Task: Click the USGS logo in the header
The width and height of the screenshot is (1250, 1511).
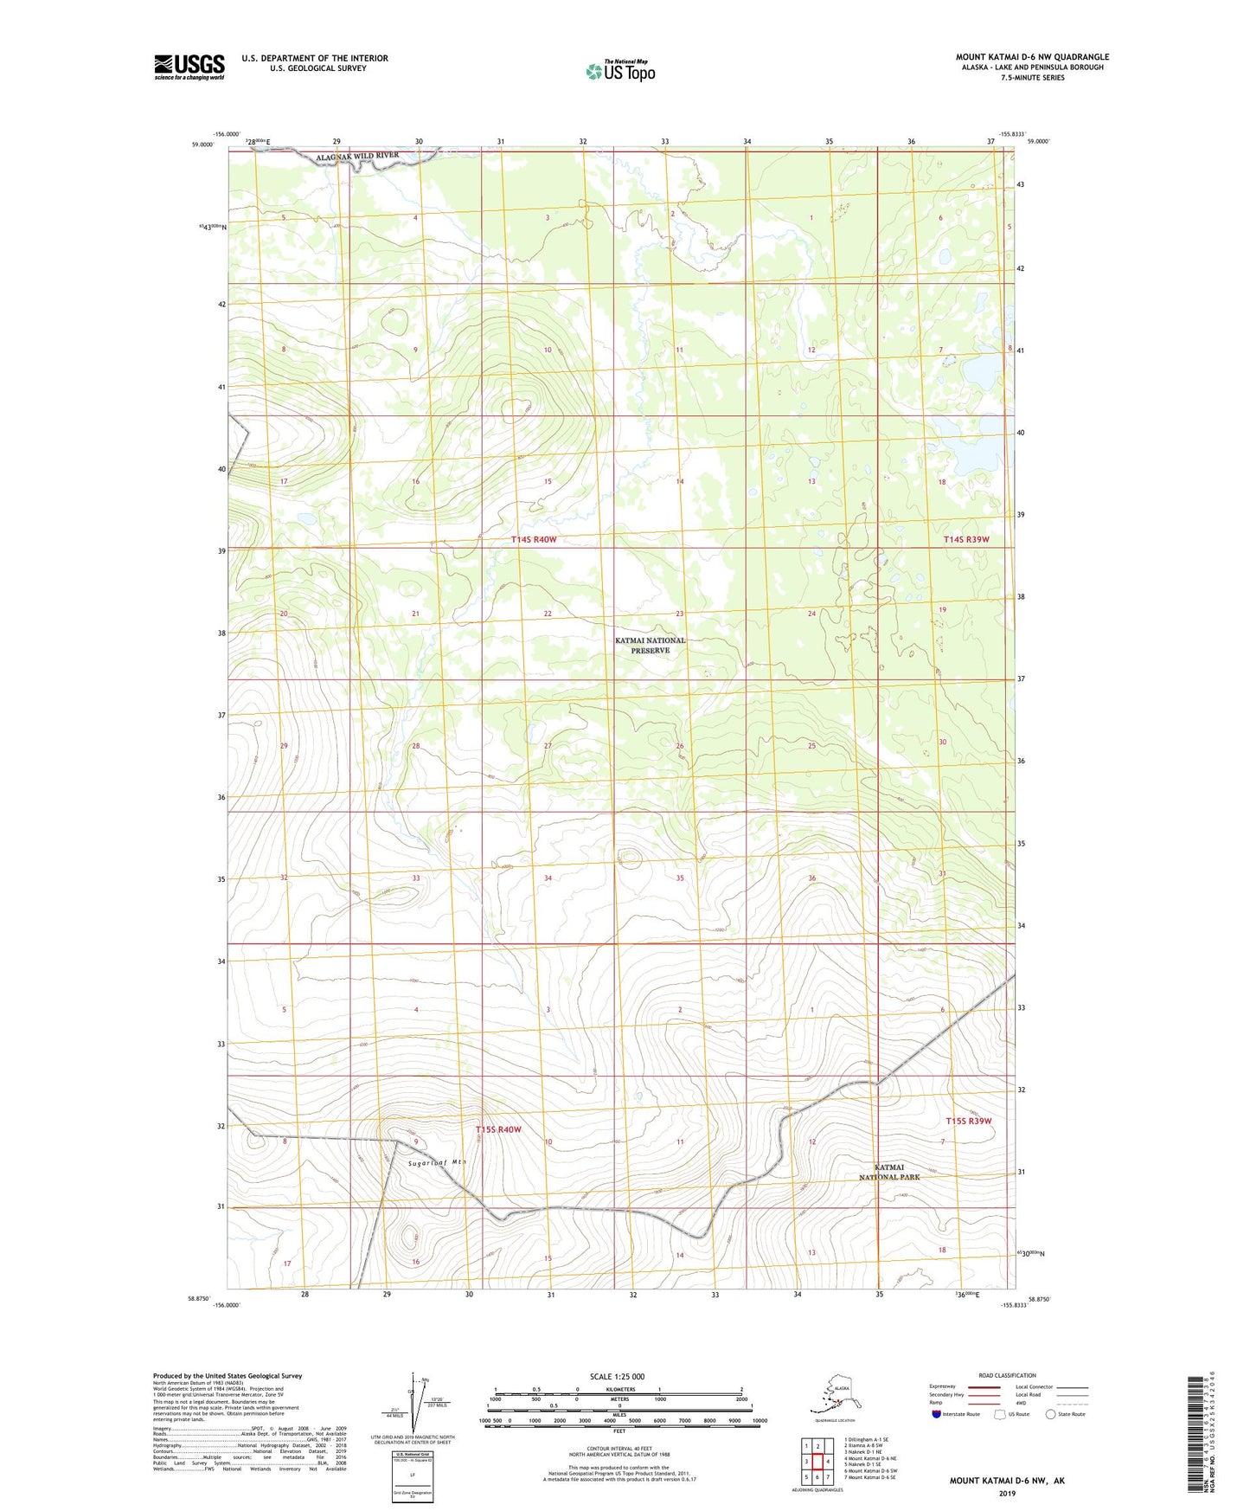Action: (189, 66)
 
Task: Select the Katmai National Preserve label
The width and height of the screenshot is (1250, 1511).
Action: (650, 645)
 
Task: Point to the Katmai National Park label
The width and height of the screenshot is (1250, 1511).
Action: (889, 1173)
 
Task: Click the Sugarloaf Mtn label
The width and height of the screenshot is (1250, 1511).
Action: (437, 1163)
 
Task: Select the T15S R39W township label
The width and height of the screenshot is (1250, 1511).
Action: (968, 1122)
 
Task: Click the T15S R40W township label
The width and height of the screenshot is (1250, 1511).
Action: (498, 1129)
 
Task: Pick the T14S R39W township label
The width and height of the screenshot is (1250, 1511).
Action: (965, 540)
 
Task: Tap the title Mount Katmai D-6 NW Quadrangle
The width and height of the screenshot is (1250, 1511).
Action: (1032, 57)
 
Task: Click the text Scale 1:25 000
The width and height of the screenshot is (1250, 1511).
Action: (617, 1377)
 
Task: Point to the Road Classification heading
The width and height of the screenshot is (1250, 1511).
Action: (1007, 1375)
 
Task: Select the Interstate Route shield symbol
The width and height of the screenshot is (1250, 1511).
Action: (937, 1415)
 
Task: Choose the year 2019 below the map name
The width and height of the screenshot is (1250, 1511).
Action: (1007, 1494)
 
